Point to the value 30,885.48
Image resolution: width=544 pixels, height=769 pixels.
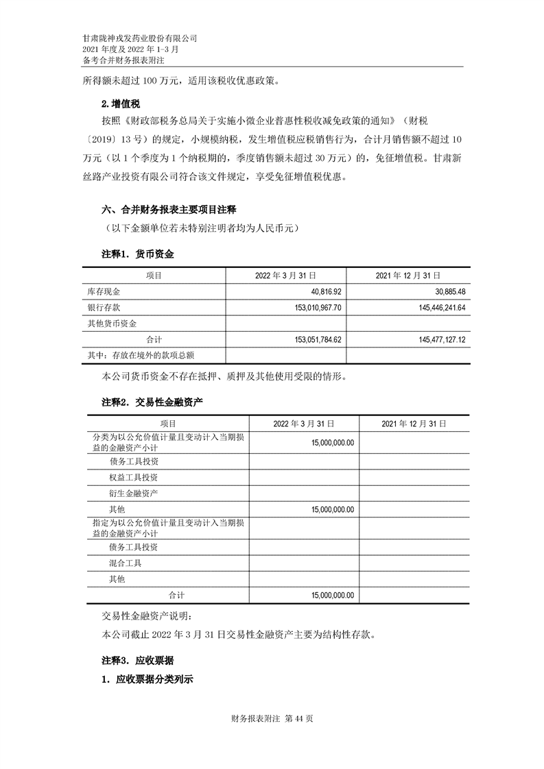pos(446,291)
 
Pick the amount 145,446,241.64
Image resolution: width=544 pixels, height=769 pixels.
pos(431,307)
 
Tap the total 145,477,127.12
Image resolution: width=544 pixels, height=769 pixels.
pos(431,339)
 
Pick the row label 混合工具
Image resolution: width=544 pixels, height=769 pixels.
pos(125,563)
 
